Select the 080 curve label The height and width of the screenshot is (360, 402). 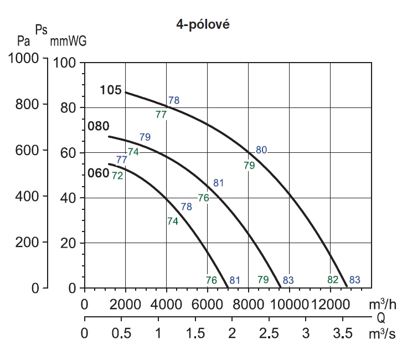pyautogui.click(x=98, y=126)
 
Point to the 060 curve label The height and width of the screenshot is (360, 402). pyautogui.click(x=98, y=172)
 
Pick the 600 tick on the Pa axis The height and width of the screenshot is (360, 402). pyautogui.click(x=29, y=150)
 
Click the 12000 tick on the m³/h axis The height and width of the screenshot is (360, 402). pyautogui.click(x=331, y=305)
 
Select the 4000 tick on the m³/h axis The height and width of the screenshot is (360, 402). pyautogui.click(x=166, y=305)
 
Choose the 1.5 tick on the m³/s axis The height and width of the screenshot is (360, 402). pyautogui.click(x=195, y=334)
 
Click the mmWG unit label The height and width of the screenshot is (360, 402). pyautogui.click(x=68, y=41)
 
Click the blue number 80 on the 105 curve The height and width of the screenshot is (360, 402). pyautogui.click(x=261, y=149)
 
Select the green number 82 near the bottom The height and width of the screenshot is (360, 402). pyautogui.click(x=333, y=279)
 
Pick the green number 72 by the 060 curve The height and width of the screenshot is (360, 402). pyautogui.click(x=117, y=176)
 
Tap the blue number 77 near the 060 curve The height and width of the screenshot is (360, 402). pyautogui.click(x=122, y=160)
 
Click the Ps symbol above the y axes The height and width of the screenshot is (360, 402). pyautogui.click(x=41, y=30)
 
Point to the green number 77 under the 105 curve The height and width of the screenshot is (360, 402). pyautogui.click(x=161, y=115)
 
